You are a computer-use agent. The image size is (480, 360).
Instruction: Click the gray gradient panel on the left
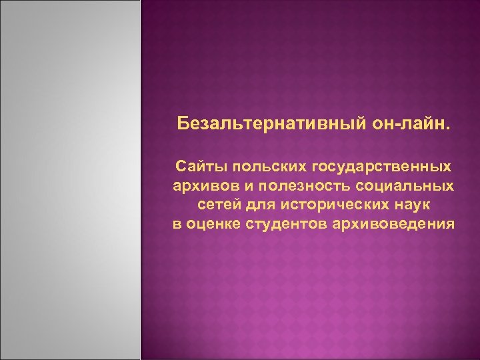(71, 180)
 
